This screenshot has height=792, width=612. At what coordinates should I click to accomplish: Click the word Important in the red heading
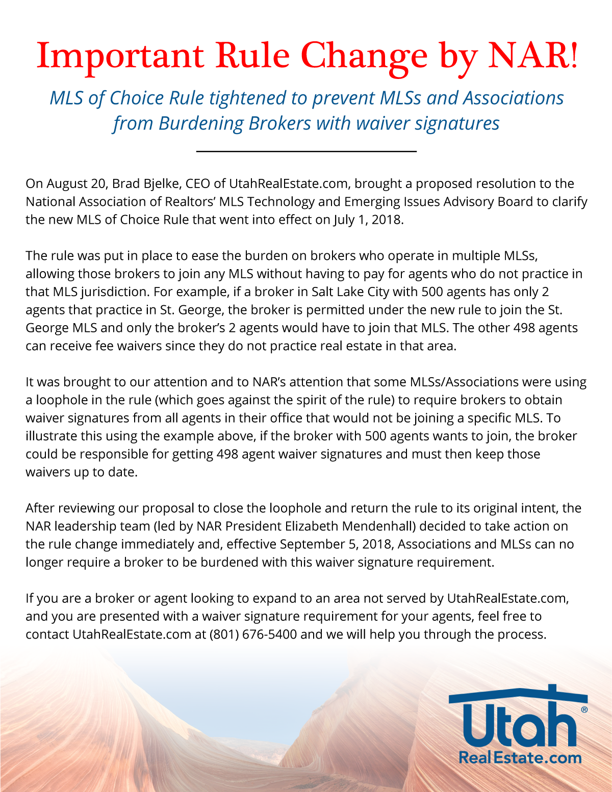click(x=120, y=56)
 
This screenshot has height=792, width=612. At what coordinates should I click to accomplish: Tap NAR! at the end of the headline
click(x=533, y=56)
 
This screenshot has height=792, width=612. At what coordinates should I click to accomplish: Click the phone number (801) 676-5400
click(x=252, y=635)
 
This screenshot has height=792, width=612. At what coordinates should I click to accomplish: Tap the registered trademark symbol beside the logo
click(x=584, y=709)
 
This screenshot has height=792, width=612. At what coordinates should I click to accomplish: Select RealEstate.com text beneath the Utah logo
click(x=520, y=758)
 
